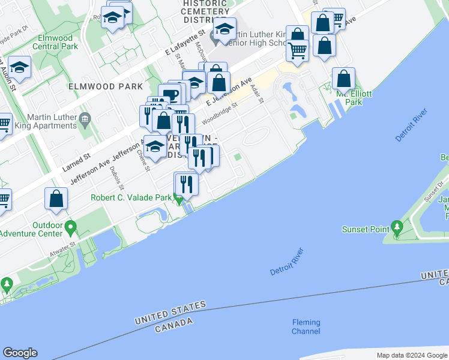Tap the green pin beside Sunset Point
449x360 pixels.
[x=397, y=227]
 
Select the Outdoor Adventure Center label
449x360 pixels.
[x=39, y=229]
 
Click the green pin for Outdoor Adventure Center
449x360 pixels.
[x=71, y=228]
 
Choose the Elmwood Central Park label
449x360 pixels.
[x=55, y=42]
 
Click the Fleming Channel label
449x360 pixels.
[x=306, y=327]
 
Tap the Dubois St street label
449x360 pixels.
[x=113, y=178]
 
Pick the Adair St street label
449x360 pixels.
[x=257, y=92]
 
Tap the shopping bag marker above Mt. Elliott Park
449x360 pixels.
[x=343, y=79]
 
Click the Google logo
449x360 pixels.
[x=20, y=353]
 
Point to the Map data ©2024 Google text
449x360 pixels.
[x=412, y=355]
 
